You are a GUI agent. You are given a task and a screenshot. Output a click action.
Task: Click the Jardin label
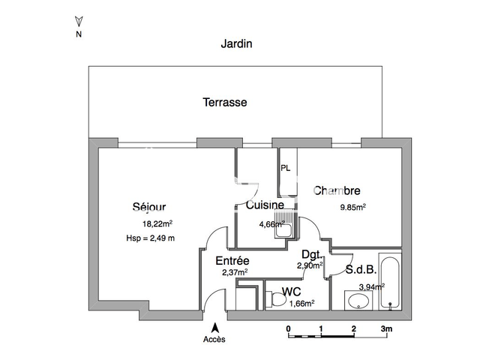pos(237,44)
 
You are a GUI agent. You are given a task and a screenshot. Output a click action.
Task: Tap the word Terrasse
pos(225,102)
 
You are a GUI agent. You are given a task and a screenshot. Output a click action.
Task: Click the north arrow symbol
pos(79,22)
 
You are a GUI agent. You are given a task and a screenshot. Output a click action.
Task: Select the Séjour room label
pos(149,207)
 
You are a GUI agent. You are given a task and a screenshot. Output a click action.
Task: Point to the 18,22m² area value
pos(157,223)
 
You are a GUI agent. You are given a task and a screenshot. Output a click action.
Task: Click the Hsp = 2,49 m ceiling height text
pos(150,238)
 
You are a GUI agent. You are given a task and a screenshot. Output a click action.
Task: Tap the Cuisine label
pos(265,205)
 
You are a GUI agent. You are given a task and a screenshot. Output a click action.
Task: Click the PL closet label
pos(285,168)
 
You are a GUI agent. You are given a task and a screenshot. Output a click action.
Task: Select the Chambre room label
pos(337,190)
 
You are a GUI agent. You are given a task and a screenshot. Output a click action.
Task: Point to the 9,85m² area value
pos(353,207)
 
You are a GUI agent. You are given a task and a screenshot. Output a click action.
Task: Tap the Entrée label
pos(232,261)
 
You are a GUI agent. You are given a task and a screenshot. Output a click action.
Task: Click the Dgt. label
pos(312,254)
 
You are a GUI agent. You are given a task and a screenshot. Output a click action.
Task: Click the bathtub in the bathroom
pos(390,281)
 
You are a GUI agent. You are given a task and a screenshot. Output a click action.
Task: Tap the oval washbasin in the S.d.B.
pos(358,301)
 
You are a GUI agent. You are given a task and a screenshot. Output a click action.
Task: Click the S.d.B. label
pos(361,270)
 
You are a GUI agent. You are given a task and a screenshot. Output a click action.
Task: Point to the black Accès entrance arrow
pos(215,328)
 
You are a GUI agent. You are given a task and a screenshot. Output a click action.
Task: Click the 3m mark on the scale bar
pos(386,328)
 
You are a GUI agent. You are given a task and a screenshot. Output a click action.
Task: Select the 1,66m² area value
pos(301,303)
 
